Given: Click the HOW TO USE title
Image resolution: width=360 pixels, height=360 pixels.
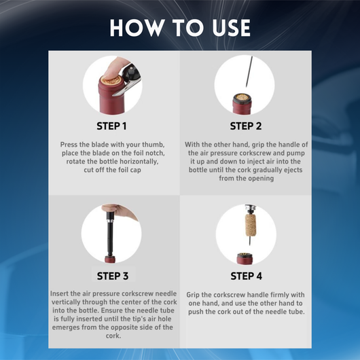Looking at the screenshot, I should (x=180, y=28).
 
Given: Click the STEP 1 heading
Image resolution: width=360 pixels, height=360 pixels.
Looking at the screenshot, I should (x=111, y=126).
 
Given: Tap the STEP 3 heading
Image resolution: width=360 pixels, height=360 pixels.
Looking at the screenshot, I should (x=111, y=276).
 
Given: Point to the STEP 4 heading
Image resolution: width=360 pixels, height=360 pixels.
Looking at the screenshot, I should (x=245, y=276).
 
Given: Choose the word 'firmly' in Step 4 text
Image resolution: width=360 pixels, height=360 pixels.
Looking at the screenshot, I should (x=284, y=293).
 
